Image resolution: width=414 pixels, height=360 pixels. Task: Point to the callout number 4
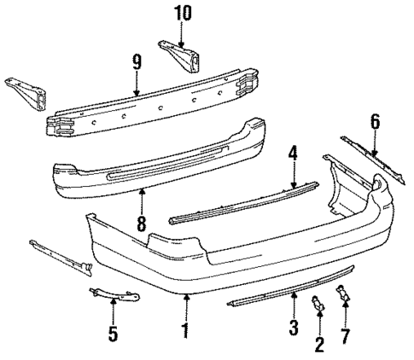[x=293, y=155]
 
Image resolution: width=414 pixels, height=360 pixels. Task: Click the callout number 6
[x=373, y=122]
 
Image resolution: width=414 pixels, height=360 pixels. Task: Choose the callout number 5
[x=113, y=334]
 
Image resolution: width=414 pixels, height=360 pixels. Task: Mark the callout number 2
[x=319, y=344]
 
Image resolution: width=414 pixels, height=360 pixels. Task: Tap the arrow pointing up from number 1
[x=186, y=305]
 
